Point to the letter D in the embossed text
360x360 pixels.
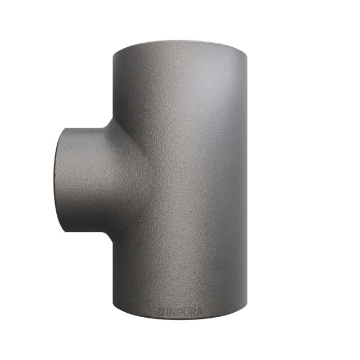(x=178, y=310)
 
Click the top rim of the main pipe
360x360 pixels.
(x=180, y=45)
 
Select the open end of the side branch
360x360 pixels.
(x=58, y=180)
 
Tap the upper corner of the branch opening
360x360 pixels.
(x=65, y=129)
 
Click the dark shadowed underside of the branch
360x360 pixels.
(x=90, y=225)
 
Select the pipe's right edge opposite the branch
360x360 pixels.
(x=246, y=180)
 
